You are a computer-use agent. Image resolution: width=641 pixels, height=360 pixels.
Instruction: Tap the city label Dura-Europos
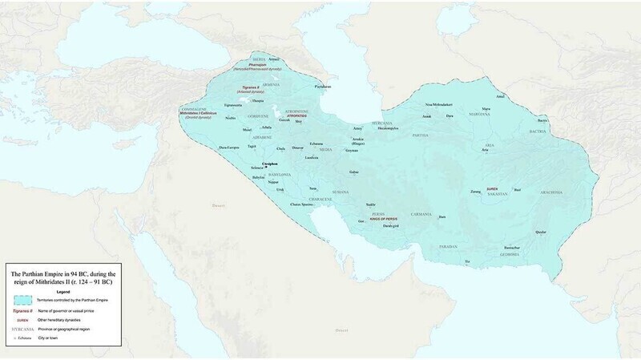pos(230,148)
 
